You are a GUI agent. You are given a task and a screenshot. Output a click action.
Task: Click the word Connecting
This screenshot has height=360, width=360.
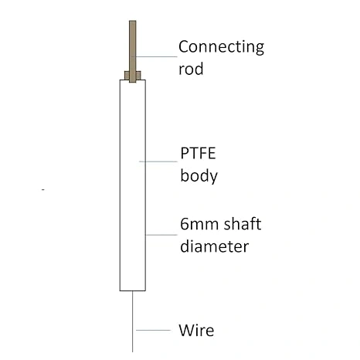click(x=221, y=47)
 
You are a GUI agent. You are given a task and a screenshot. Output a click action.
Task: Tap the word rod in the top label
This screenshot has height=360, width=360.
click(x=191, y=69)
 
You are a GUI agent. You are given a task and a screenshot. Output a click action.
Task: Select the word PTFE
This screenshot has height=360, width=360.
click(x=198, y=153)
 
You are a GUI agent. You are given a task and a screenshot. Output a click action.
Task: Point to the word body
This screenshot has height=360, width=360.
click(x=199, y=176)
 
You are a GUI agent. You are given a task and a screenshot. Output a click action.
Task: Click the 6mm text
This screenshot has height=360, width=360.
click(x=200, y=224)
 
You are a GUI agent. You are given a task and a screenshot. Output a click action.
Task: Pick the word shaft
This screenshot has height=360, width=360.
click(x=243, y=223)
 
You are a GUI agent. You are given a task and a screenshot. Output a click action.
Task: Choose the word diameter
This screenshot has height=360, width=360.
click(x=214, y=246)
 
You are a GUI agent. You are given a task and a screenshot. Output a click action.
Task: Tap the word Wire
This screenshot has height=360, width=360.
click(x=196, y=330)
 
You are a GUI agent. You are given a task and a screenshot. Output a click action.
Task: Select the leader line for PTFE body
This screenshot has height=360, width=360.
click(x=158, y=161)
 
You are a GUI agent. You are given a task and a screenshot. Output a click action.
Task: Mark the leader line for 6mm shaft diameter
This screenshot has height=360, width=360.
click(x=161, y=235)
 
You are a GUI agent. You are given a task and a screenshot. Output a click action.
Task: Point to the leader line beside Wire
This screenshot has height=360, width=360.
click(x=153, y=330)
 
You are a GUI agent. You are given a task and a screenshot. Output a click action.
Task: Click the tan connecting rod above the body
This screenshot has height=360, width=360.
click(x=133, y=52)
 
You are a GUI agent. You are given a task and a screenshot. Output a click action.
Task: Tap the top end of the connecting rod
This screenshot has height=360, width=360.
click(x=133, y=21)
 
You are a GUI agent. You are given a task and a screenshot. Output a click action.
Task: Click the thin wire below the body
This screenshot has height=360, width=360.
click(x=133, y=321)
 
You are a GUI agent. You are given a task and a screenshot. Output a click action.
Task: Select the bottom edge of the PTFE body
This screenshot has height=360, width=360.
click(x=133, y=290)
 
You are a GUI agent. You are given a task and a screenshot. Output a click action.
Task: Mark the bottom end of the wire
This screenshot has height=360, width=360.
click(x=133, y=352)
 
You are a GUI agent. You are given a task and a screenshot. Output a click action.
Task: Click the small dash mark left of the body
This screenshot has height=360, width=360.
click(x=43, y=190)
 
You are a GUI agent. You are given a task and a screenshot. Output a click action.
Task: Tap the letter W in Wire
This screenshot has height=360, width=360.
click(x=186, y=330)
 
